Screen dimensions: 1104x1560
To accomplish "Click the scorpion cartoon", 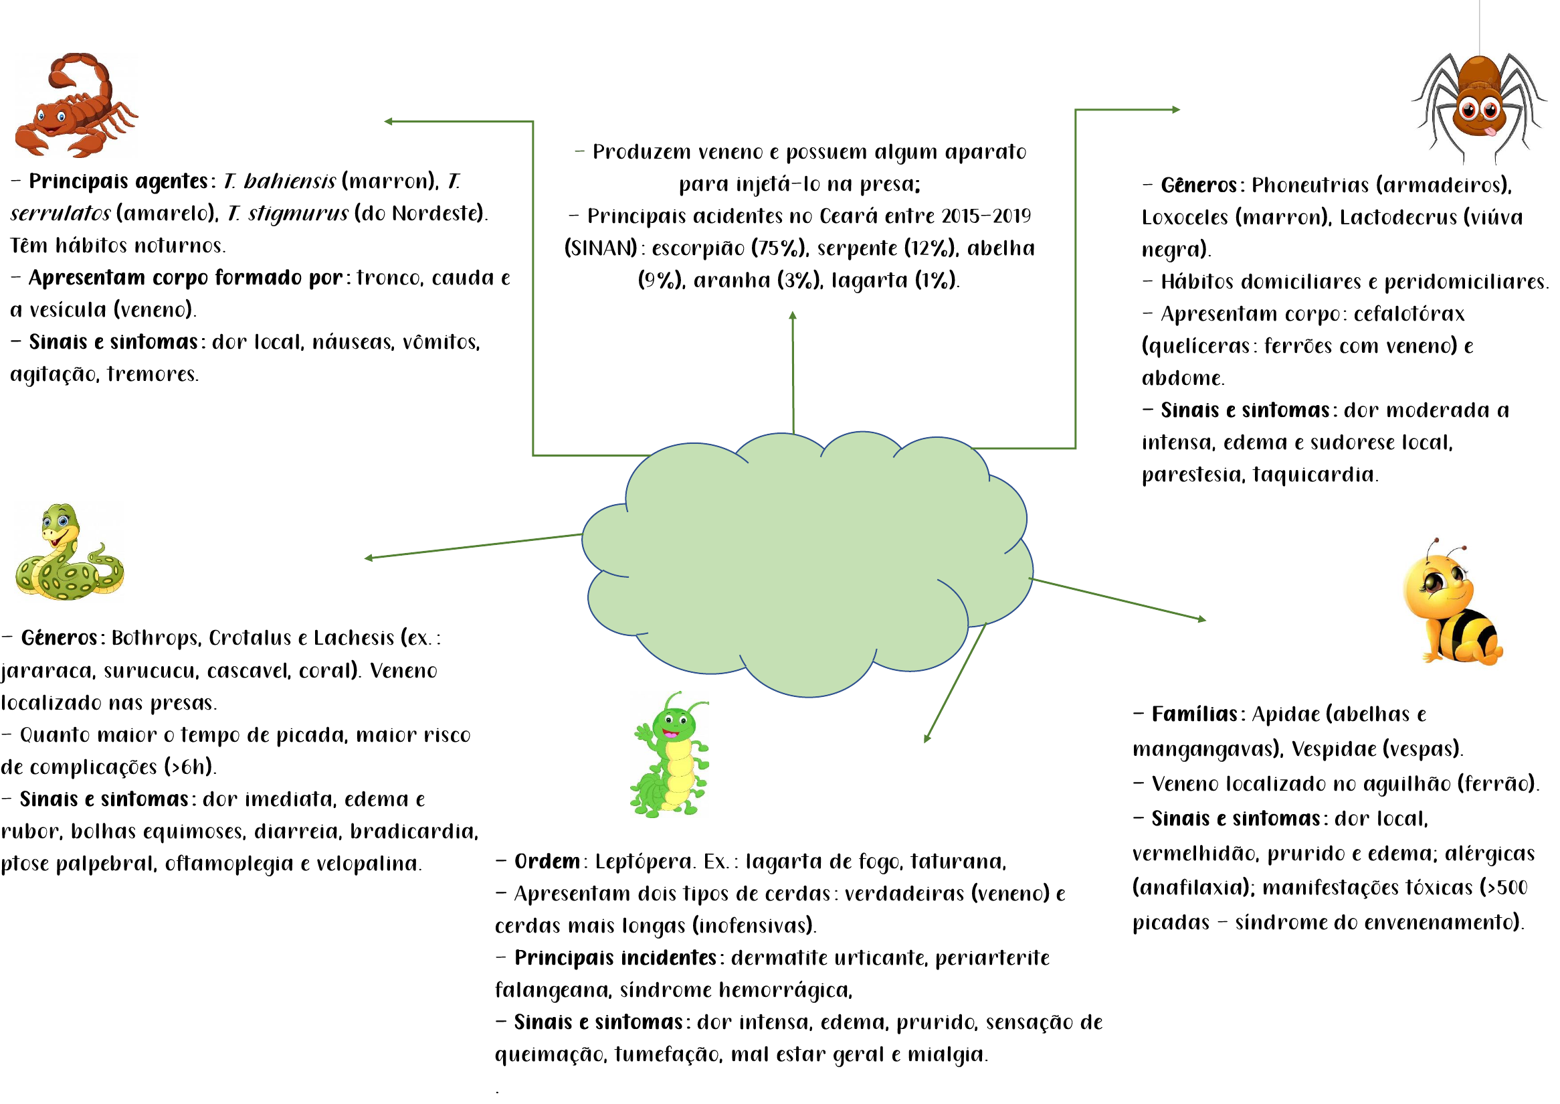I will click(75, 105).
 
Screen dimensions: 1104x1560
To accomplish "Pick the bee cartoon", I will click(1450, 605).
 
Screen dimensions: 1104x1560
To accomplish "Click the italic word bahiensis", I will click(290, 182).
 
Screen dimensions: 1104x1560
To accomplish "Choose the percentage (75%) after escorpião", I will click(779, 249).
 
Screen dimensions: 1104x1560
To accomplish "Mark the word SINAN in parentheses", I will click(601, 249).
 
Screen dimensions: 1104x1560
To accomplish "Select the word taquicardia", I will click(1315, 475).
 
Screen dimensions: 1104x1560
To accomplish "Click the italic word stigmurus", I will click(298, 214).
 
